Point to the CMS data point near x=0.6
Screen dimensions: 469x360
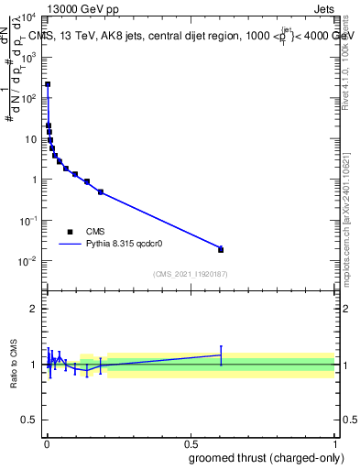221,249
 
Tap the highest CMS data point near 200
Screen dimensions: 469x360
48,84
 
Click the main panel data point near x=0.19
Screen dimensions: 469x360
101,192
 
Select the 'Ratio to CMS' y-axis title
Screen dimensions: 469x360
16,364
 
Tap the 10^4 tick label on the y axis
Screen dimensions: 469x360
28,17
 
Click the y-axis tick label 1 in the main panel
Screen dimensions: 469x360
34,180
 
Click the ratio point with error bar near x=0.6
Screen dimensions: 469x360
221,354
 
